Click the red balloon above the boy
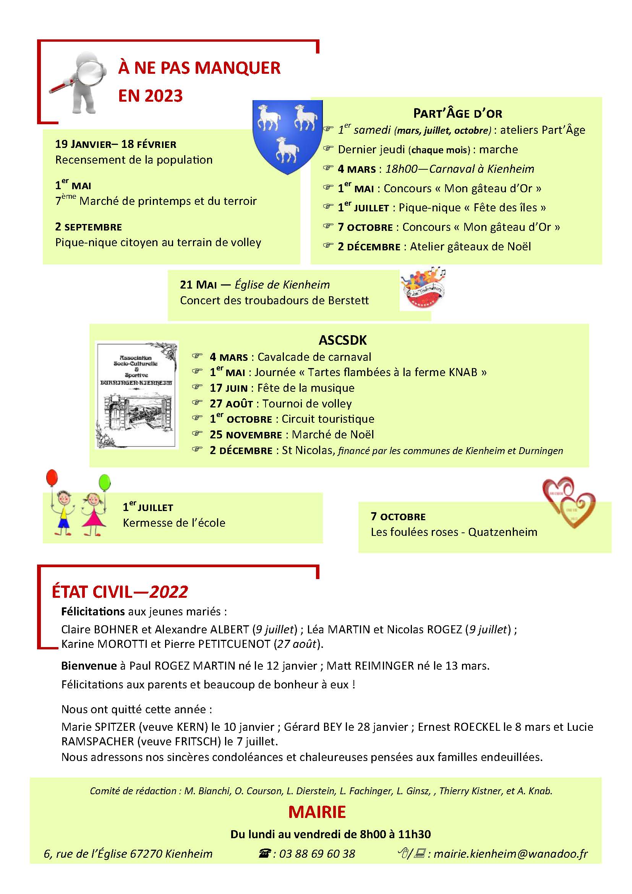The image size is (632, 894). tap(52, 478)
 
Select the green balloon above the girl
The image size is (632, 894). tap(104, 483)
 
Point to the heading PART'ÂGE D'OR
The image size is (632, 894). tap(457, 114)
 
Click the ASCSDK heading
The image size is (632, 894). tap(342, 340)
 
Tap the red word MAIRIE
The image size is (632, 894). tap(317, 812)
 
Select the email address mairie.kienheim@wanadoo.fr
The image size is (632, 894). tap(510, 854)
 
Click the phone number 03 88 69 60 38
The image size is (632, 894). tap(317, 854)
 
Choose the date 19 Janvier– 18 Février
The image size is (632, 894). tap(115, 144)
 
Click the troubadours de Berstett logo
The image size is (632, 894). tap(423, 289)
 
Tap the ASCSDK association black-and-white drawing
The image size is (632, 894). tap(136, 395)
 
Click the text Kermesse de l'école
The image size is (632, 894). tap(174, 523)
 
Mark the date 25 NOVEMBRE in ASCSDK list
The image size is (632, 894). tap(246, 435)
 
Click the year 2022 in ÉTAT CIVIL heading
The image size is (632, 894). tap(169, 592)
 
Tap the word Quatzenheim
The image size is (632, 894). tap(502, 532)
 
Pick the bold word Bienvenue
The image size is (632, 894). tap(89, 666)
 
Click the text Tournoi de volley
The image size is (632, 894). tap(307, 404)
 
